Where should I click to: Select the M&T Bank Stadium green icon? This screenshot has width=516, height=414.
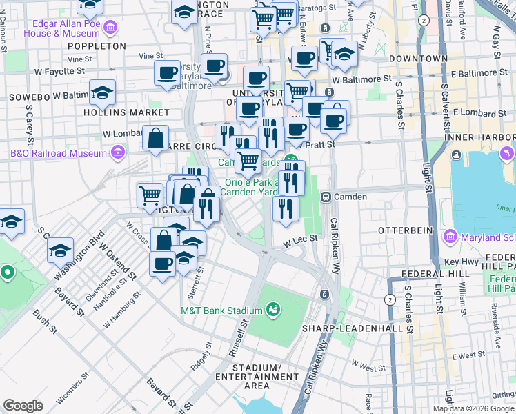tap(273, 309)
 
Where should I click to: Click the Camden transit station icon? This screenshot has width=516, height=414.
tap(326, 197)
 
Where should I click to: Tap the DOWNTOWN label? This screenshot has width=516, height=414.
tap(419, 59)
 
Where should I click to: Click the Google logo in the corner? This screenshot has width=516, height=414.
tap(23, 406)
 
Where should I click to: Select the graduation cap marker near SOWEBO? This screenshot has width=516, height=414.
tap(102, 92)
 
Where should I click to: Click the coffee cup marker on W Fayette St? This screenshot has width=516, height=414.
tap(166, 72)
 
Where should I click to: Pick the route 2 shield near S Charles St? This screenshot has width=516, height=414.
tap(390, 299)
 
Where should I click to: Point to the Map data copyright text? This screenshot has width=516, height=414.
tap(473, 408)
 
